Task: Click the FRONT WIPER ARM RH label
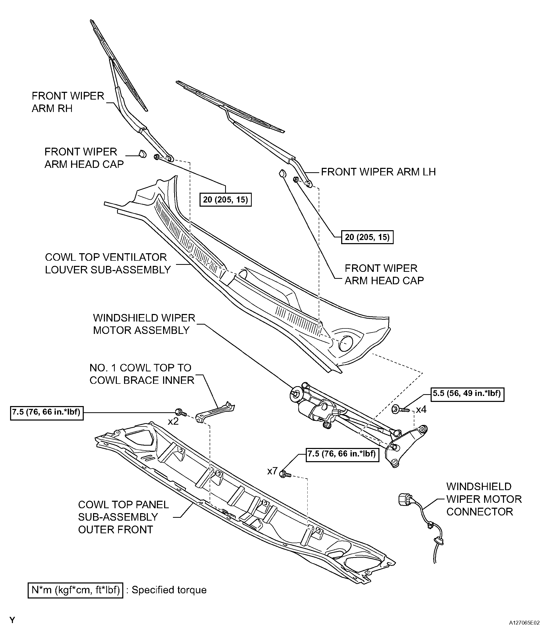point(68,102)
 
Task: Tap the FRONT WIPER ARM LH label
point(378,172)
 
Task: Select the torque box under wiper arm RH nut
point(225,200)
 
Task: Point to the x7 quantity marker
point(272,471)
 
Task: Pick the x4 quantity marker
point(421,410)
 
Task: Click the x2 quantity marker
point(173,422)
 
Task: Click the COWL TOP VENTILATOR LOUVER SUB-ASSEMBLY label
point(108,263)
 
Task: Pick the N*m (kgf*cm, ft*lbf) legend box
point(75,590)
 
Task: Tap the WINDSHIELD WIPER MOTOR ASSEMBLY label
point(144,324)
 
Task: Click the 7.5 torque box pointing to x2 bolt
point(47,413)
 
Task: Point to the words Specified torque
point(169,590)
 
